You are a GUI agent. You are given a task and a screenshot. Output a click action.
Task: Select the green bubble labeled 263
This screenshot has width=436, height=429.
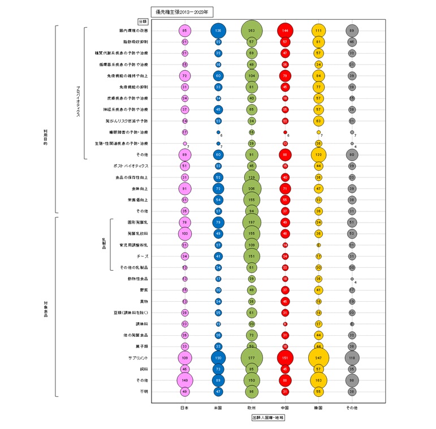coord(252,31)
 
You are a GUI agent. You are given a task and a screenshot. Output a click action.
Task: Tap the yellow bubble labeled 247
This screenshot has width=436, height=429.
coord(318,358)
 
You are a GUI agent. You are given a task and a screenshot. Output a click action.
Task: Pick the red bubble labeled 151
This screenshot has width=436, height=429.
coord(285,358)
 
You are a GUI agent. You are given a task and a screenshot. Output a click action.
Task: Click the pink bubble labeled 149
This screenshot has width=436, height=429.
coord(185,380)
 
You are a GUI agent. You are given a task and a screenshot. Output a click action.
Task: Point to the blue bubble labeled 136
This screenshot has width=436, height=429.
coord(218,31)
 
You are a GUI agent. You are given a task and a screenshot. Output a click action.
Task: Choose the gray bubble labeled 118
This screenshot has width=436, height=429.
coord(352,358)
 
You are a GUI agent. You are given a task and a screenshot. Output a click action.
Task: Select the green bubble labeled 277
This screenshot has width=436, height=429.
coord(252,358)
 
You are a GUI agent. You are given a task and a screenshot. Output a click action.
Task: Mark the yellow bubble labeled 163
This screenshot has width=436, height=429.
coord(318,380)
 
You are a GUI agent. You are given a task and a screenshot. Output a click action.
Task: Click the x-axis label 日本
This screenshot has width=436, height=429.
coord(185,407)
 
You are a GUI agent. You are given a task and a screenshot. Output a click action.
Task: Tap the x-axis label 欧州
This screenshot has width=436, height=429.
coord(252,407)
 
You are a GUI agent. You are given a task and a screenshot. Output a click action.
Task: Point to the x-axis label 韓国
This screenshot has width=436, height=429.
coord(318,407)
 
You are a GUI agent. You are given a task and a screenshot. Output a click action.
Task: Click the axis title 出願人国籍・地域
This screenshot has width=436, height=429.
coord(268,418)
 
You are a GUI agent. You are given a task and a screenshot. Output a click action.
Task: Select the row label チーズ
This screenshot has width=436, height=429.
coord(141,256)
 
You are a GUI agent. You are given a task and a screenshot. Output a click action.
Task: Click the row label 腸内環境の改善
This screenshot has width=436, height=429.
coord(134,31)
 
